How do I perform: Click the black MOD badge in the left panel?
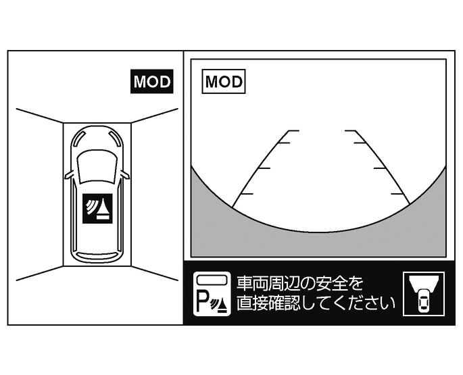click(153, 82)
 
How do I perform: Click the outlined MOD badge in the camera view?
click(224, 82)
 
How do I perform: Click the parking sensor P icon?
click(212, 294)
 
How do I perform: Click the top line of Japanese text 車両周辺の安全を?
click(300, 282)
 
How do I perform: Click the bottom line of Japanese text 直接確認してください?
click(316, 303)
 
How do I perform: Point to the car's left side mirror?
click(69, 175)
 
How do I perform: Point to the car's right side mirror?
click(124, 175)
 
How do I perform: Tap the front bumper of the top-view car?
click(97, 130)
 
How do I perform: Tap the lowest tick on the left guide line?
click(245, 194)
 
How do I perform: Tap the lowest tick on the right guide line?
click(400, 194)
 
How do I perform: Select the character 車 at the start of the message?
click(244, 282)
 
